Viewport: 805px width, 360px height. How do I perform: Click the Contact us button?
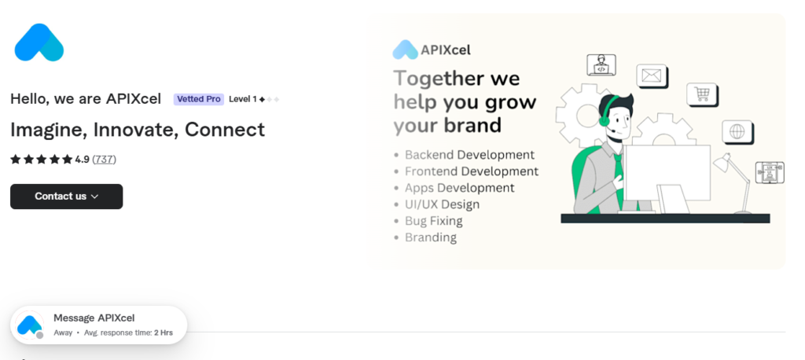pyautogui.click(x=66, y=197)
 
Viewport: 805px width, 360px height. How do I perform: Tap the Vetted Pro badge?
pyautogui.click(x=199, y=99)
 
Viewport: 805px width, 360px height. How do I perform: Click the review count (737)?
pyautogui.click(x=105, y=160)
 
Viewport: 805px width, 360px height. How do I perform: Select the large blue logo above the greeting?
pyautogui.click(x=39, y=42)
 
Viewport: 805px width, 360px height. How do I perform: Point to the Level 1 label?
pyautogui.click(x=243, y=99)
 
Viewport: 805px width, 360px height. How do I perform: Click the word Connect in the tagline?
pyautogui.click(x=225, y=130)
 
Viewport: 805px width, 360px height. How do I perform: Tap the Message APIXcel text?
pyautogui.click(x=94, y=318)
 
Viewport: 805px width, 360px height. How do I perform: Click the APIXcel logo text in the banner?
pyautogui.click(x=446, y=50)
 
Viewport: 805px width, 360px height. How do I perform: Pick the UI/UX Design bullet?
pyautogui.click(x=442, y=204)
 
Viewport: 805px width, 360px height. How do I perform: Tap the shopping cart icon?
pyautogui.click(x=702, y=94)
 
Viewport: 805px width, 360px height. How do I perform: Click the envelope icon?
pyautogui.click(x=652, y=76)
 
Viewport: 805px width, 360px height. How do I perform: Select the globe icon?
pyautogui.click(x=737, y=132)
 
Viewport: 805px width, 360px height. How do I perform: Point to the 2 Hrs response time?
pyautogui.click(x=164, y=332)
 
